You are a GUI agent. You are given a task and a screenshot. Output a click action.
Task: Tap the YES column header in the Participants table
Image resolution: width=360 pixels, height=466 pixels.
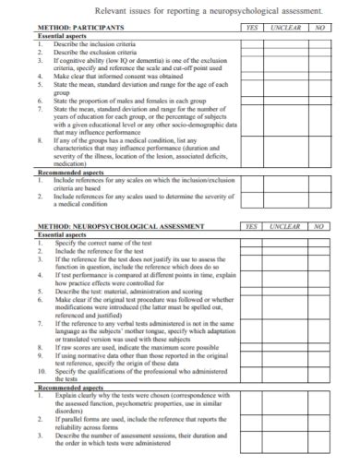[251, 29]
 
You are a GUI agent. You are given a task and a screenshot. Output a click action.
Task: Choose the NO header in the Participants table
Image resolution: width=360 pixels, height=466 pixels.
[318, 29]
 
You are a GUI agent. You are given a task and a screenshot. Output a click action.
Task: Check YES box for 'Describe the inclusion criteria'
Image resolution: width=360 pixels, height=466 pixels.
[251, 44]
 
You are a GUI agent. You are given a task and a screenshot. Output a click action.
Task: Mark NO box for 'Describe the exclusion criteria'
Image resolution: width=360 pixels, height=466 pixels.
[318, 52]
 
